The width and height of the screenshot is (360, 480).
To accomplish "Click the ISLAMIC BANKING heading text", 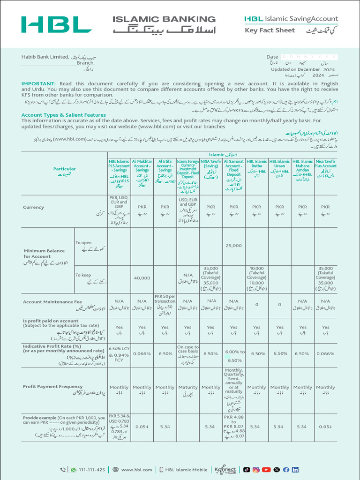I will pos(164,19).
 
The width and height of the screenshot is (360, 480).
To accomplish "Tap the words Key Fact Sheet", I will pos(270,30).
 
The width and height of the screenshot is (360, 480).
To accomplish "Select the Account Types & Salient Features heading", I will pos(63,115).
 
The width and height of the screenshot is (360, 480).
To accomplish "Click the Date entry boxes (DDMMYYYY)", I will pos(308,57).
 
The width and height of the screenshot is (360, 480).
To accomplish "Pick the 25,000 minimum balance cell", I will pos(233,246).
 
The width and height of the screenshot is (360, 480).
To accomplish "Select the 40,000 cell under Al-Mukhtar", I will pos(142,278).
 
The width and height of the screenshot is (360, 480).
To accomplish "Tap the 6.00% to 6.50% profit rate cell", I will pos(234,355).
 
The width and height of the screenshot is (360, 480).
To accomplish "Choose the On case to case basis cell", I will pos(188,354).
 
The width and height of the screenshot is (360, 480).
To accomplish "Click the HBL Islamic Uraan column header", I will pos(280,168).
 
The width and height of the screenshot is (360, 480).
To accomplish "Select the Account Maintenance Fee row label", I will pos(52,302).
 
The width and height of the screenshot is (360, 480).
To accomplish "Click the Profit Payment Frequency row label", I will pos(52,387).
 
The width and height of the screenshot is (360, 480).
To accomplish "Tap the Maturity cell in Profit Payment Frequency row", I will pos(188,388).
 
